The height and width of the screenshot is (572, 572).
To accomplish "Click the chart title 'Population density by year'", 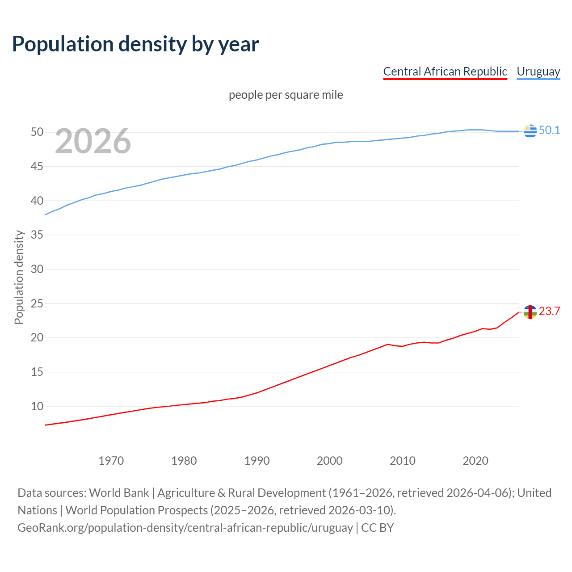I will click(135, 44).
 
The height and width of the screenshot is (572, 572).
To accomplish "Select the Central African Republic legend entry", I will click(445, 71).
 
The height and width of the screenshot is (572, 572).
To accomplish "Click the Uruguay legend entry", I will click(538, 71).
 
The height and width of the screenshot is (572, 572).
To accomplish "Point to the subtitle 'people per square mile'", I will click(286, 95).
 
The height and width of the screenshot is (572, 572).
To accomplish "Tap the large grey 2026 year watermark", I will click(93, 141).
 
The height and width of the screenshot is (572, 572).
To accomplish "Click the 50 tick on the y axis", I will click(37, 132).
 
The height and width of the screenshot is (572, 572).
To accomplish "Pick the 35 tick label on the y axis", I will click(37, 235).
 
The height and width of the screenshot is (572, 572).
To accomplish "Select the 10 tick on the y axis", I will click(37, 406).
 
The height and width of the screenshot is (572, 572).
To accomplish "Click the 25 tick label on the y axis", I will click(37, 303).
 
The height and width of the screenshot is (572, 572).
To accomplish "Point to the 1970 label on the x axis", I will click(111, 461).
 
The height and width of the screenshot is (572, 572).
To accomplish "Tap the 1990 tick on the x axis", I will click(257, 461).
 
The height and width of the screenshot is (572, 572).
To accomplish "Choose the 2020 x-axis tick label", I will click(475, 461).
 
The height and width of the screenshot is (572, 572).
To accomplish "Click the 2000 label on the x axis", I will click(330, 461).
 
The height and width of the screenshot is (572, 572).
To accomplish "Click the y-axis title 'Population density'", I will click(19, 277).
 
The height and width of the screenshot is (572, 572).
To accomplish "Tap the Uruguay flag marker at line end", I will click(530, 131).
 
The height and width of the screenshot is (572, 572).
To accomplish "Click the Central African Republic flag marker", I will click(530, 312).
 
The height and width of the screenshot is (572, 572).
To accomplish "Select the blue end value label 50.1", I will click(549, 130).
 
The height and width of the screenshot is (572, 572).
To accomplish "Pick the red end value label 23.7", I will click(549, 311).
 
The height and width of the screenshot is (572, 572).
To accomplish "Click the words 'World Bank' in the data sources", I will click(119, 493).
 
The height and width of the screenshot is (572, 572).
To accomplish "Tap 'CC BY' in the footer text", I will click(378, 528).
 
